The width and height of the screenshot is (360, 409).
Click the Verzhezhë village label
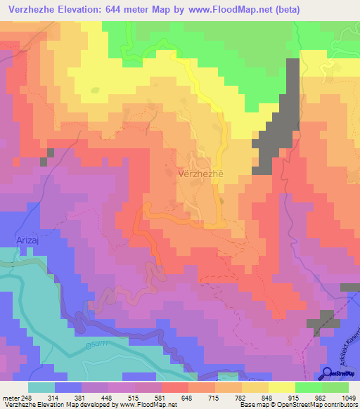tap(202, 173)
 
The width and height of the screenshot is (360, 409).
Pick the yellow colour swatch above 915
tap(282, 387)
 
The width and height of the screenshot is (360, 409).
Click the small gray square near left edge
tap(44, 162)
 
